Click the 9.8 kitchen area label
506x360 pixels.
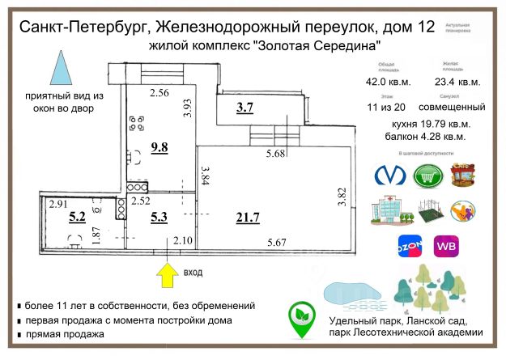pos(159,147)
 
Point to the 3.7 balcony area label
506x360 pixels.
pos(244,108)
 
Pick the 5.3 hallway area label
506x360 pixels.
pos(158,216)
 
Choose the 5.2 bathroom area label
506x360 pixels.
pos(77,216)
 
